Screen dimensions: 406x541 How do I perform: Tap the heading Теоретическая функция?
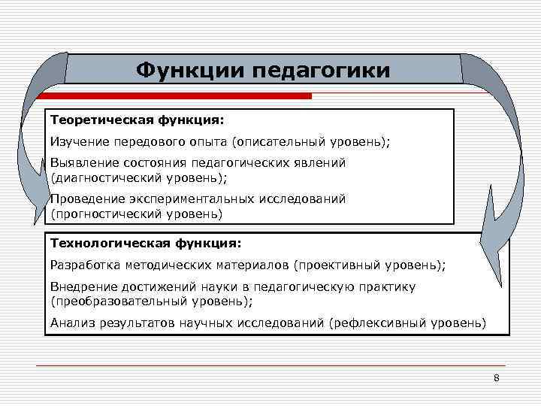point(137,120)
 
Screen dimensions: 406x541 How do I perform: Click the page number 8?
point(497,377)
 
